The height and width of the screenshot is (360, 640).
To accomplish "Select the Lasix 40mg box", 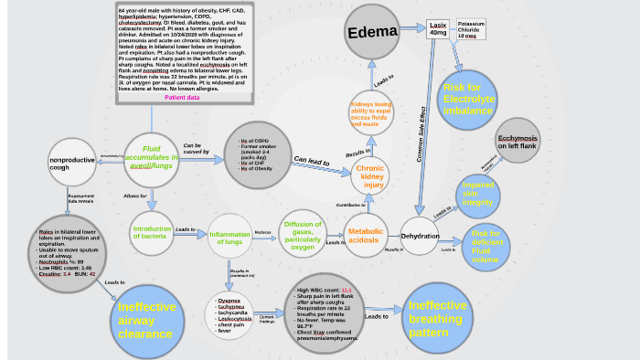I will point(438,28).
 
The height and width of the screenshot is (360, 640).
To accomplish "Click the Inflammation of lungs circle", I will point(229,239).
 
